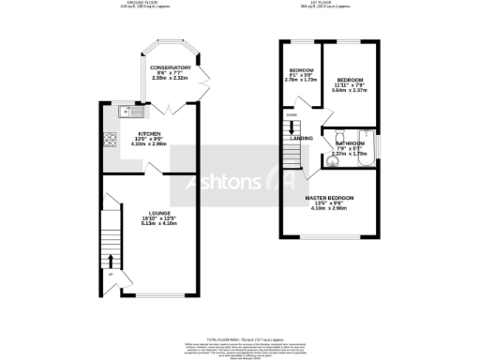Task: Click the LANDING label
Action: click(x=302, y=138)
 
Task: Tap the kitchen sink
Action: click(x=129, y=113)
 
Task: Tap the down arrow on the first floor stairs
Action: click(x=291, y=125)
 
